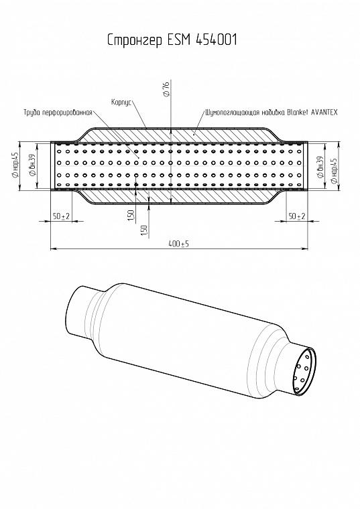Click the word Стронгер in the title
[x=135, y=40]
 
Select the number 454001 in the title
[x=217, y=40]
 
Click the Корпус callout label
[x=121, y=102]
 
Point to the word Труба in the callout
[x=32, y=113]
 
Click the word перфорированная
[x=67, y=113]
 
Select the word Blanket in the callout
[x=297, y=112]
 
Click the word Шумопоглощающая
[x=232, y=113]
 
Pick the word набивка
[x=273, y=113]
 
